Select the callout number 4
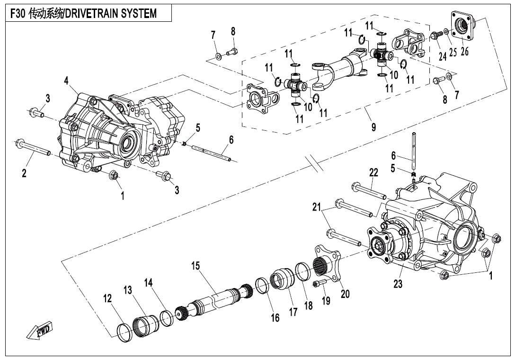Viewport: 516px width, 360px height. coord(67,81)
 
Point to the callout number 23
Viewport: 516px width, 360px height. coord(398,285)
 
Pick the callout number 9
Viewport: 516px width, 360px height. coord(374,127)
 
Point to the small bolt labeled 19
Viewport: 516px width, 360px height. coord(320,284)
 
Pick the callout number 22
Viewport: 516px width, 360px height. coord(374,173)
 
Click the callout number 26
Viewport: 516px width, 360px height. coord(465,51)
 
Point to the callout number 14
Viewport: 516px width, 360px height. coord(149,283)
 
